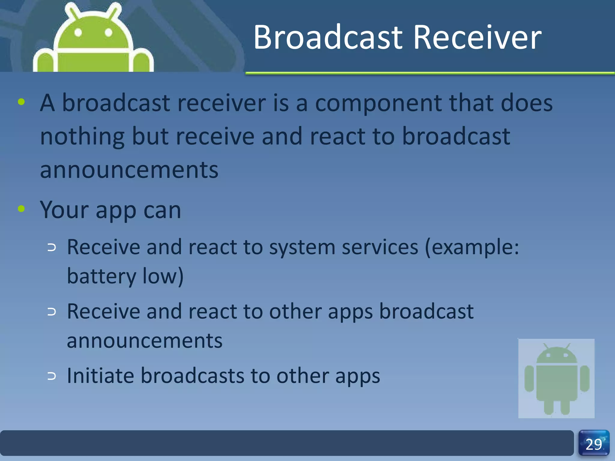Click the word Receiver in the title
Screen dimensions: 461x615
[x=477, y=38]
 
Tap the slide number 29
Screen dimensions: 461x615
[x=594, y=444]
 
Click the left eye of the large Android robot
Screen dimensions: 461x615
[x=78, y=32]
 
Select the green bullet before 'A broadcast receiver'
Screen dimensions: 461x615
[x=21, y=102]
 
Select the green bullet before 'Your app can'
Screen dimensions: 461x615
[x=21, y=209]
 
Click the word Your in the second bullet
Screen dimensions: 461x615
[x=64, y=210]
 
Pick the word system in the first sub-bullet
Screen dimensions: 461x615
[x=302, y=248]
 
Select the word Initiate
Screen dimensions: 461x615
[x=100, y=376]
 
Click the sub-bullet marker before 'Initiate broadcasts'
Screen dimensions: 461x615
[x=52, y=376]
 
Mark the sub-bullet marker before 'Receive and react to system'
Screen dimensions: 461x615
[x=52, y=248]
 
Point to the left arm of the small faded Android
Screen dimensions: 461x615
[x=529, y=379]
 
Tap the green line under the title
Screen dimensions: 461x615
[x=429, y=73]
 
